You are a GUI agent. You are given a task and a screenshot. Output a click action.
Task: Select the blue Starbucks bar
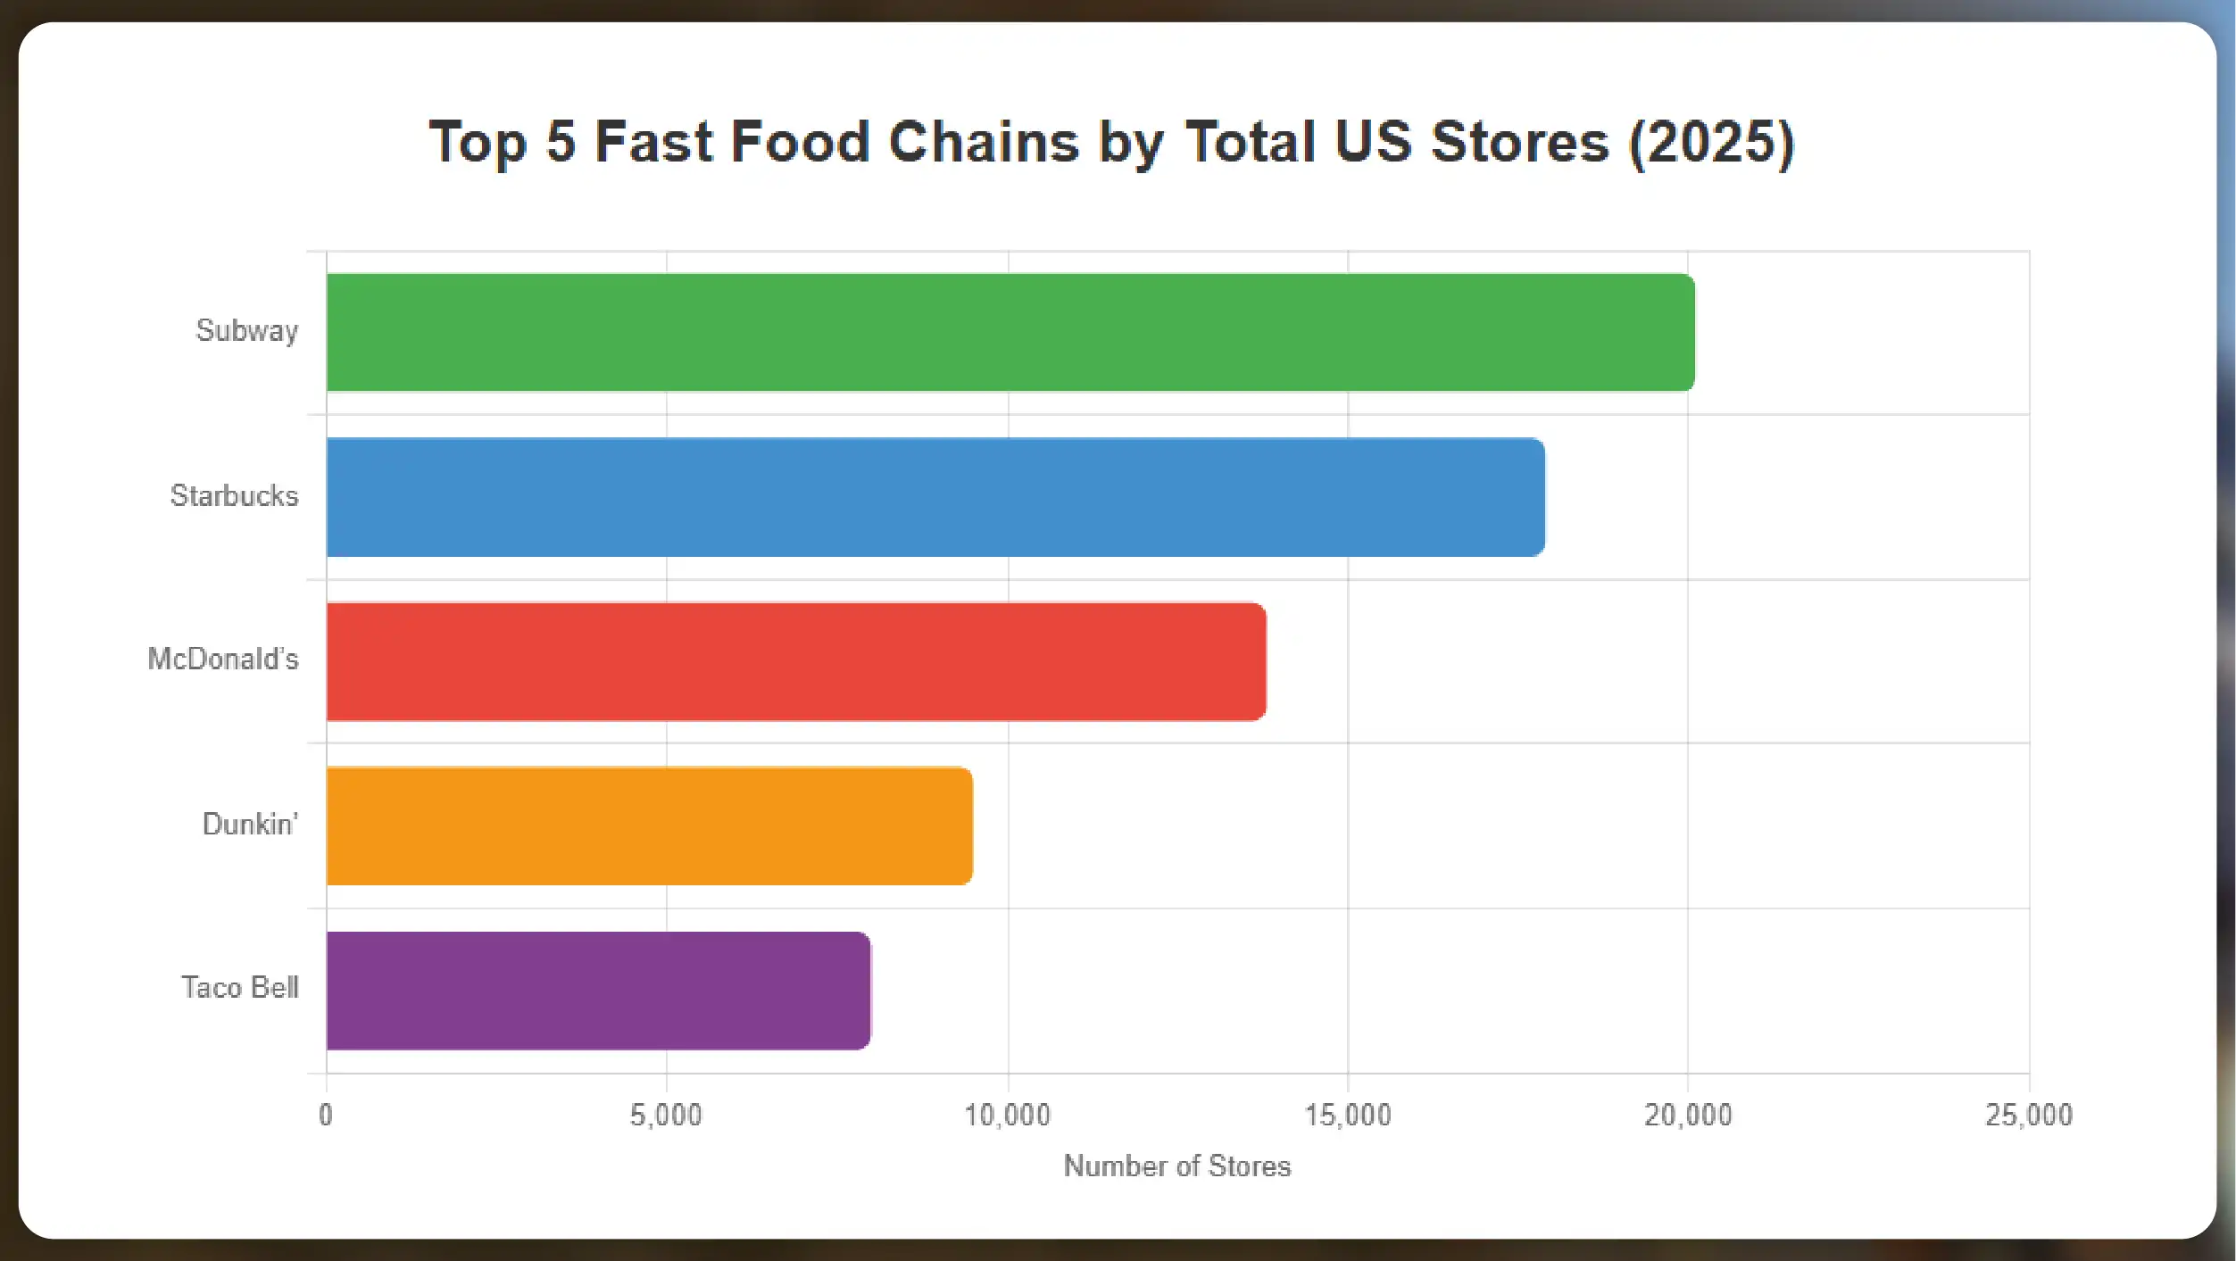pos(935,497)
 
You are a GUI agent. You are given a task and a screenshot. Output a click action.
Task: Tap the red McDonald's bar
pos(795,661)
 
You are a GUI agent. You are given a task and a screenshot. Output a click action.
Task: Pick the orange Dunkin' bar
pos(649,825)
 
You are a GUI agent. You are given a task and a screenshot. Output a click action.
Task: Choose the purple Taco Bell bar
pos(598,991)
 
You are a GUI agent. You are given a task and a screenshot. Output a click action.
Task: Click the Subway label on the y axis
pos(247,331)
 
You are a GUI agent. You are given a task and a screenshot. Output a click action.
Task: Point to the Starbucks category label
pos(234,495)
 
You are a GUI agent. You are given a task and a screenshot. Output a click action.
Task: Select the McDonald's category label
pos(223,659)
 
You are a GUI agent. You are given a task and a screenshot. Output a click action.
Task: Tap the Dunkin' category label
pos(250,824)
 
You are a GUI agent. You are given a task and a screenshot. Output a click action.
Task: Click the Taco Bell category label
pos(239,987)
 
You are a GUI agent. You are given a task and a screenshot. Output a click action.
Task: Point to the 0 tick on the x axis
pos(326,1115)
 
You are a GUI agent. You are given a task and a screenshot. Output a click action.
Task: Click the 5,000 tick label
pos(666,1115)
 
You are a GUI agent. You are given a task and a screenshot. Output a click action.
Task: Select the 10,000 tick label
pos(1008,1115)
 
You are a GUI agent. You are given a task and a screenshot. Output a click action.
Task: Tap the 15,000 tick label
pos(1348,1115)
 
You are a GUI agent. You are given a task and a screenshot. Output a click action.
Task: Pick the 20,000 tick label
pos(1688,1115)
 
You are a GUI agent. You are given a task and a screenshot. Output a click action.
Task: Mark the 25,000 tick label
pos(2028,1115)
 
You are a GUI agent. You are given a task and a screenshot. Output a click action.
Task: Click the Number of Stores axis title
pos(1176,1166)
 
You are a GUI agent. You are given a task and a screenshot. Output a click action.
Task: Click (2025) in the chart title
pos(1711,142)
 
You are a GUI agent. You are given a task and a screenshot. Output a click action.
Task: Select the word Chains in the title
pos(984,142)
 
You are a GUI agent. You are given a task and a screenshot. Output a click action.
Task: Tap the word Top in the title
pos(478,142)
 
